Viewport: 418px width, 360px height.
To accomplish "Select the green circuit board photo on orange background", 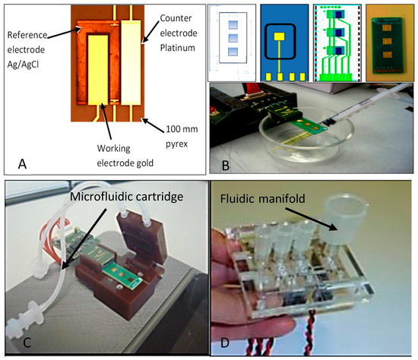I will (x=388, y=43).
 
